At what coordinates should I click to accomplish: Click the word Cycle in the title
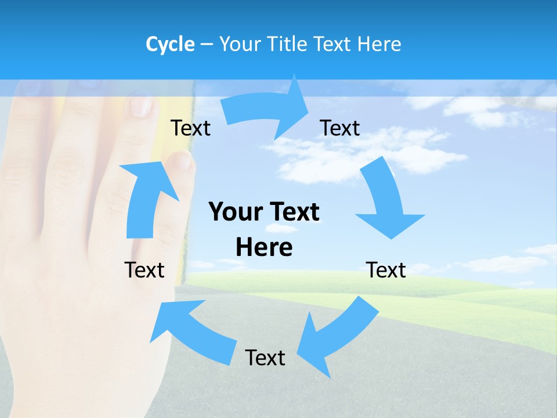tap(170, 44)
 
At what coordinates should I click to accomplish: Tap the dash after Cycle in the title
tap(207, 44)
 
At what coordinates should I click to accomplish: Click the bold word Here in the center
tap(264, 247)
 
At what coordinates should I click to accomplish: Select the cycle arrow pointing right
tap(267, 107)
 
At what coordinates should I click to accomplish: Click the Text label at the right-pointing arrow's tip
tap(340, 128)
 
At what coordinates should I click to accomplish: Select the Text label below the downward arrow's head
tap(386, 270)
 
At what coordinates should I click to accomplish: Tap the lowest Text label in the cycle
tap(265, 358)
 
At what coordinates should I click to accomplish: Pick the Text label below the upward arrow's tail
tap(144, 270)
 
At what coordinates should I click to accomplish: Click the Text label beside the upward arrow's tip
tap(190, 128)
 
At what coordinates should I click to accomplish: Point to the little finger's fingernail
tap(181, 160)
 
